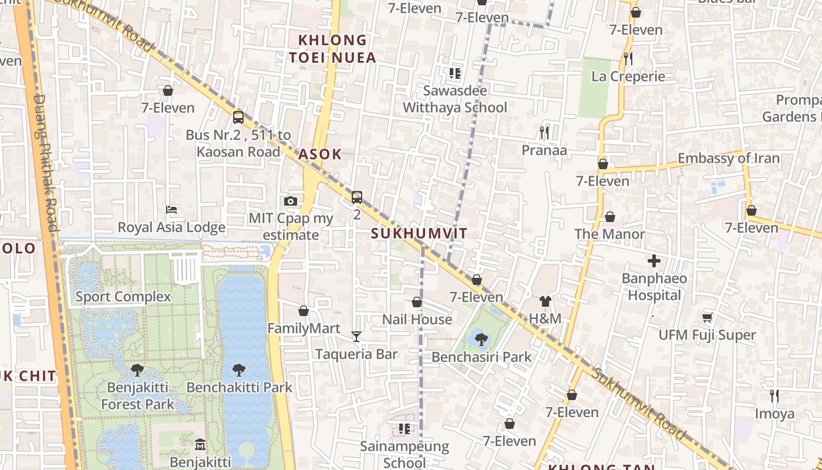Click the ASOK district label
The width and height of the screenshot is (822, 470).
[319, 154]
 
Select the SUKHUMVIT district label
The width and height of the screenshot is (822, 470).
[419, 233]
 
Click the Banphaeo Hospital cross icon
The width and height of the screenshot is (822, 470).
[654, 261]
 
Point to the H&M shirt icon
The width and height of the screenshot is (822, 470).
[545, 301]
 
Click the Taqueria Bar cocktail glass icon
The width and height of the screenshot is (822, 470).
[356, 337]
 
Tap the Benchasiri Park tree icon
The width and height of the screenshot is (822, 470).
[481, 339]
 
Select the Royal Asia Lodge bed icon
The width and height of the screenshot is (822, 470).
[171, 209]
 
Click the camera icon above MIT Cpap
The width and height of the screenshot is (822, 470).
[290, 201]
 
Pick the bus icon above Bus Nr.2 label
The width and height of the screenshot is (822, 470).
[238, 117]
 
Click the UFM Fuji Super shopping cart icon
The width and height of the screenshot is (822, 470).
[707, 317]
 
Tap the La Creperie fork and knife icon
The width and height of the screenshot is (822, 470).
[628, 58]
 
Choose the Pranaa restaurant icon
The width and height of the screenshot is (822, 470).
[544, 133]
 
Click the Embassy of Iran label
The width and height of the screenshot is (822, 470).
[729, 158]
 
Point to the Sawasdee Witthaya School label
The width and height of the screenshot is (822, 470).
[455, 99]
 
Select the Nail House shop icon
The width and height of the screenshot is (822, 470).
[417, 302]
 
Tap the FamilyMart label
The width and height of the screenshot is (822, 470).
[304, 328]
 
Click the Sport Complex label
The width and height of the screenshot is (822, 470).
[123, 297]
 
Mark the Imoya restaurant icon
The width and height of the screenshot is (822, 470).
[774, 396]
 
